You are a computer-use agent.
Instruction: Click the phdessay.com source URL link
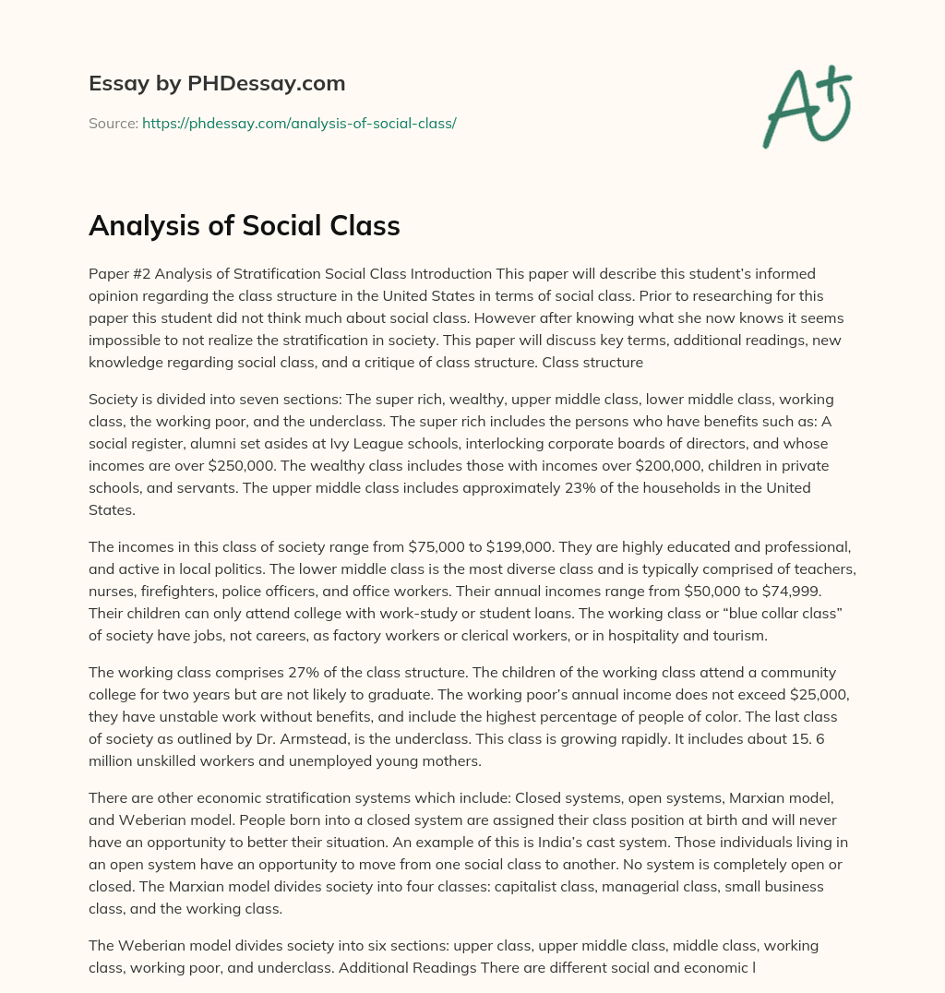tap(299, 123)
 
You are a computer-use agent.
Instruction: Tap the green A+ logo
tap(806, 104)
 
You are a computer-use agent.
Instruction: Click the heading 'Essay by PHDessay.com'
tap(217, 84)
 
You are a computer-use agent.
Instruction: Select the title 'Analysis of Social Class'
tap(244, 227)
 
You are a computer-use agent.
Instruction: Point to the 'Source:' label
tap(113, 123)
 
